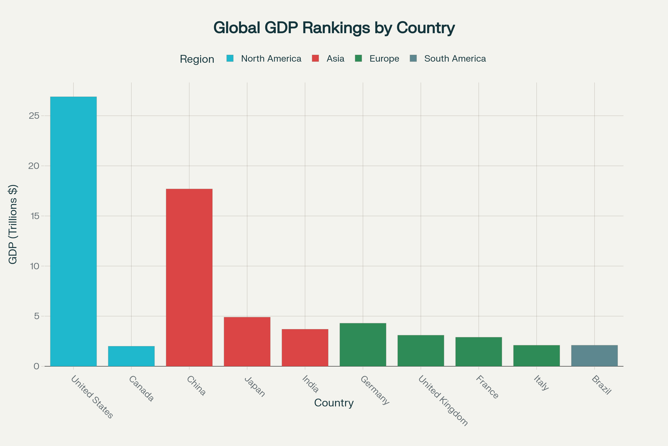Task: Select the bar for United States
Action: click(73, 231)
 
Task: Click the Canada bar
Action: click(131, 356)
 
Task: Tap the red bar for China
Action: click(189, 277)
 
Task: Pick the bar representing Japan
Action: click(247, 342)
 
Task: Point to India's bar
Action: click(305, 348)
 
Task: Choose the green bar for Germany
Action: click(363, 345)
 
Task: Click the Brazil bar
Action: click(595, 356)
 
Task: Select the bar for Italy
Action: click(537, 356)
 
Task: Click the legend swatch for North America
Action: click(230, 58)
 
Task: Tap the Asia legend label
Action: click(335, 59)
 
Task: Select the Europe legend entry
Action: click(384, 59)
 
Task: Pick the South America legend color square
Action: click(413, 58)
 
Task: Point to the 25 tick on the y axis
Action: click(34, 116)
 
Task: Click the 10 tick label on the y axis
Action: click(34, 266)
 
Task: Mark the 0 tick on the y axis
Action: click(36, 366)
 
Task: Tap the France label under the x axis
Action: click(487, 387)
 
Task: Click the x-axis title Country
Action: click(334, 403)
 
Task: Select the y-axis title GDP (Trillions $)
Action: click(13, 224)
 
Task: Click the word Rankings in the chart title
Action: click(336, 28)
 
